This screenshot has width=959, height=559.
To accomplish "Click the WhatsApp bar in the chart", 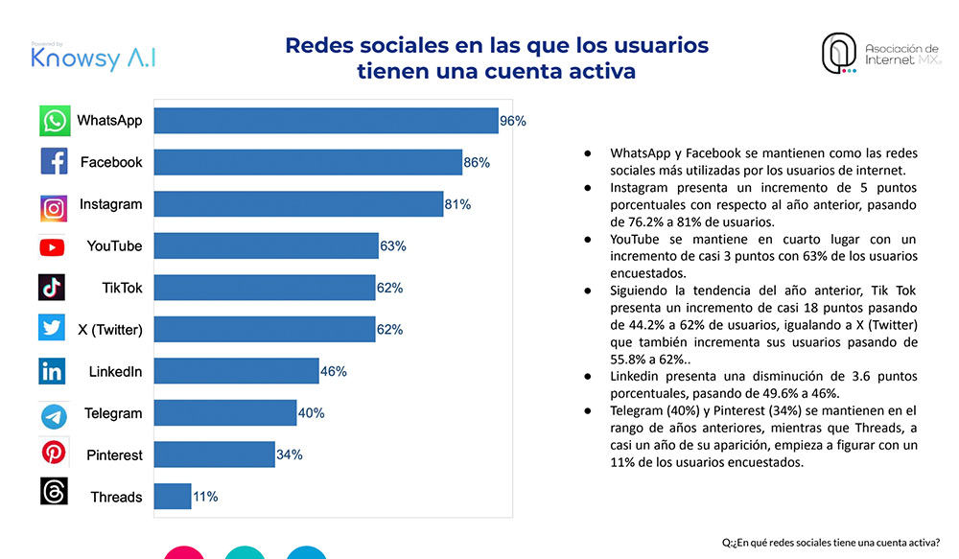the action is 326,121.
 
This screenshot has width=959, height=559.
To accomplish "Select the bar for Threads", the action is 173,496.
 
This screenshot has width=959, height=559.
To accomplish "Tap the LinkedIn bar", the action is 236,371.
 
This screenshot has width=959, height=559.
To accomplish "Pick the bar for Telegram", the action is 225,413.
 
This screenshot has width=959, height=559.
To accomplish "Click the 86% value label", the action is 477,163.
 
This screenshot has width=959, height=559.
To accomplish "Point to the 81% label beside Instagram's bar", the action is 457,204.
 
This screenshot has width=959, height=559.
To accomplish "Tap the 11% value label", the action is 205,497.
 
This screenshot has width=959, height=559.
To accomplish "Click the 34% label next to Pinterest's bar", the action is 290,454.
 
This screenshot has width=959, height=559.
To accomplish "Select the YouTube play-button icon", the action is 52,247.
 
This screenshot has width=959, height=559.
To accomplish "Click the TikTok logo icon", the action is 52,288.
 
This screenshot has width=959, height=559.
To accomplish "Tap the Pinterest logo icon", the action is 53,453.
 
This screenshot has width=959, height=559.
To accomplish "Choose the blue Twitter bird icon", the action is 52,328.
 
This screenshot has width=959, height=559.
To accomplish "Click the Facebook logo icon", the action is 54,161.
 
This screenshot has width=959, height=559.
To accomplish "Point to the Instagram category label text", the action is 110,204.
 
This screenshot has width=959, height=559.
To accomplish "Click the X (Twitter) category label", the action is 110,330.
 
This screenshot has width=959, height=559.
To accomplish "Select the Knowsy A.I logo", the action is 93,57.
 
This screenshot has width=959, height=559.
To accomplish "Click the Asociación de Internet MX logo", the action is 880,54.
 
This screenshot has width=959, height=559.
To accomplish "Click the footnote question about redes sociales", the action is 830,543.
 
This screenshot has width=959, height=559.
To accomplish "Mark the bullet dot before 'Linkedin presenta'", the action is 588,377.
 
